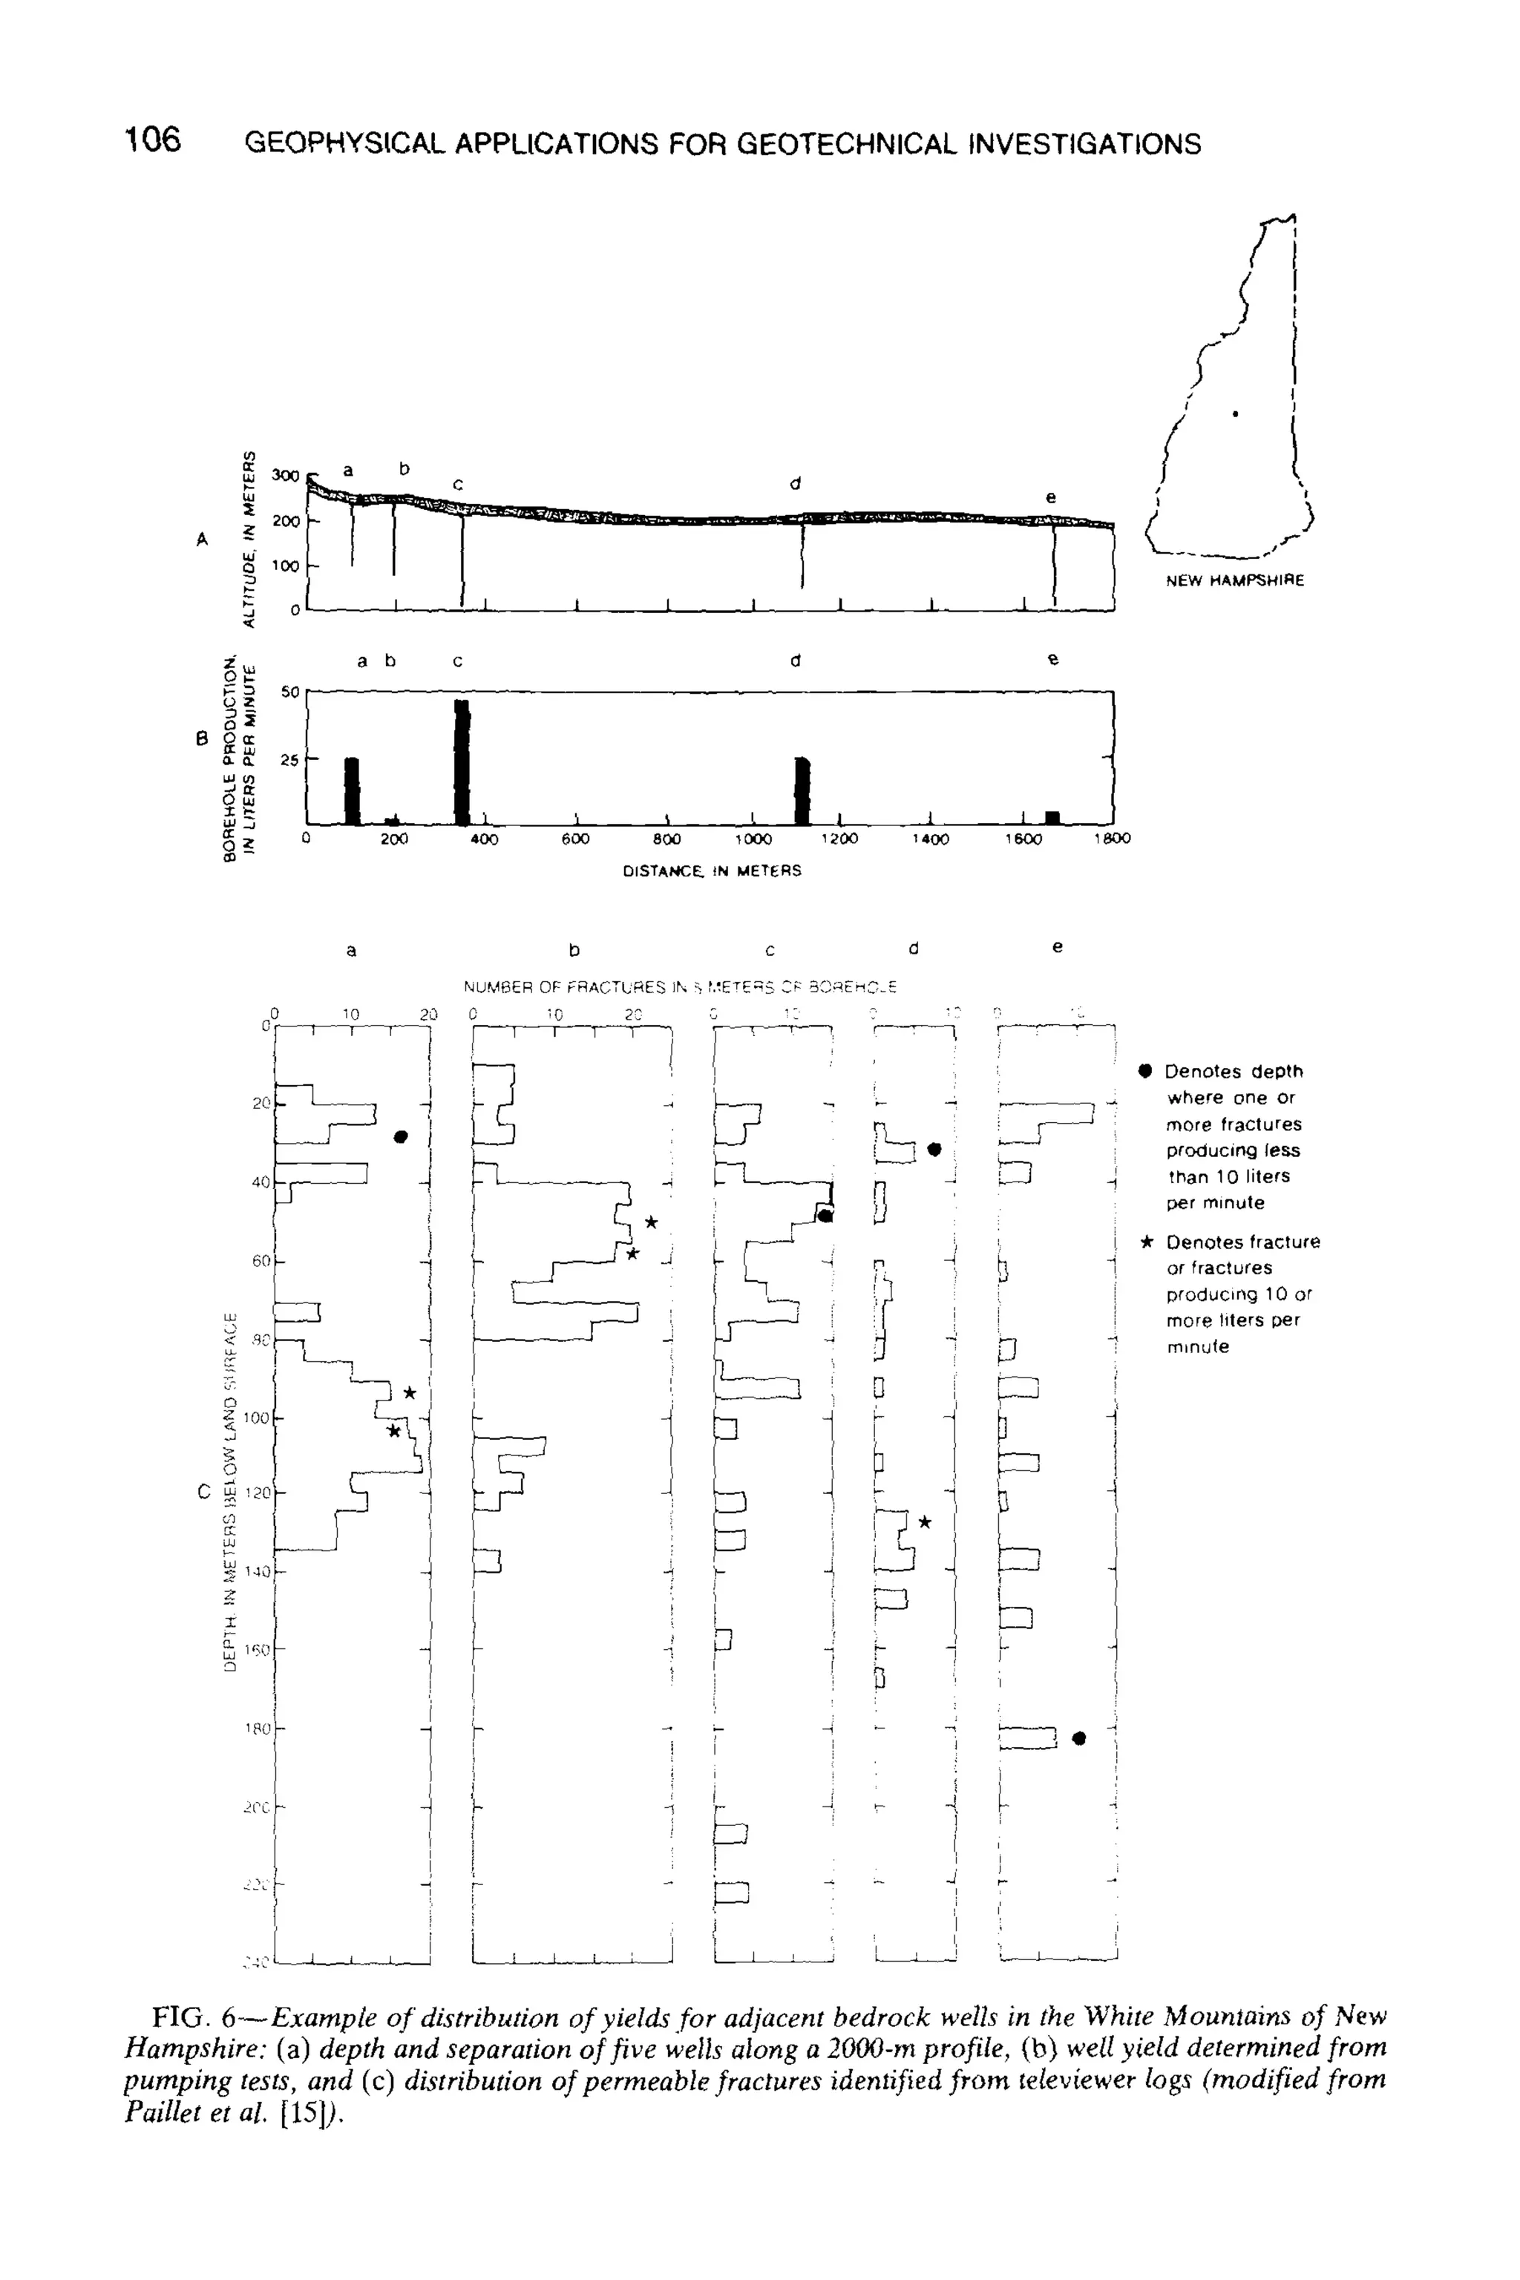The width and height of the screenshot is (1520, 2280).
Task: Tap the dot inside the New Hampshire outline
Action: (x=1234, y=414)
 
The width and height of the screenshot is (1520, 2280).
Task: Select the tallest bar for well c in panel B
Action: (x=462, y=761)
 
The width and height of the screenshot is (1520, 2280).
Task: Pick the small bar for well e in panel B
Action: (x=1052, y=817)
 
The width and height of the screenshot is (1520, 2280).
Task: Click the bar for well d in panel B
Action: (x=802, y=790)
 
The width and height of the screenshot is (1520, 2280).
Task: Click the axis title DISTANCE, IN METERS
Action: (x=712, y=871)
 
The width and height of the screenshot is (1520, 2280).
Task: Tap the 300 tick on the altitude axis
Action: (x=286, y=475)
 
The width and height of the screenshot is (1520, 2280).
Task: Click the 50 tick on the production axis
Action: (x=289, y=692)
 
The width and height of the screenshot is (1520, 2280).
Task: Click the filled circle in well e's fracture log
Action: (x=1080, y=1738)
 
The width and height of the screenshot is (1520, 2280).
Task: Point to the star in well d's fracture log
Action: (x=924, y=1523)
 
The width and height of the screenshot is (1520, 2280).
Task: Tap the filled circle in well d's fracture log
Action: (x=934, y=1150)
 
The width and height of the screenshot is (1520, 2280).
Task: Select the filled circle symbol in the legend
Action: (x=1146, y=1071)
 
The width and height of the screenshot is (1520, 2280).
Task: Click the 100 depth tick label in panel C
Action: (x=257, y=1418)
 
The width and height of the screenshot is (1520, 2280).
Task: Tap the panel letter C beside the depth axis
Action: (x=203, y=1492)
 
